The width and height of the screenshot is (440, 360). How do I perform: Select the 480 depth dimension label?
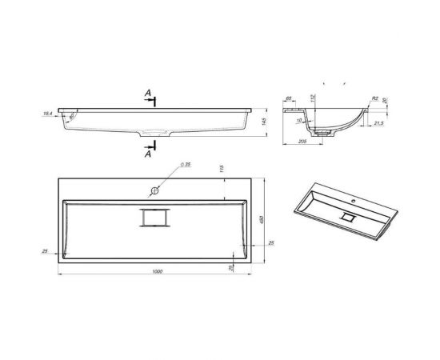coord(261,219)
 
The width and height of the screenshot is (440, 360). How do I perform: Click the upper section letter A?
coord(148,94)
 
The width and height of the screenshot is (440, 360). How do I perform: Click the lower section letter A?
coord(148,154)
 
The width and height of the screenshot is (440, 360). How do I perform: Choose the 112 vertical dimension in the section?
coord(314,98)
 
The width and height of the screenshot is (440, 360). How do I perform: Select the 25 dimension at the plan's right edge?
coord(271,242)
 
